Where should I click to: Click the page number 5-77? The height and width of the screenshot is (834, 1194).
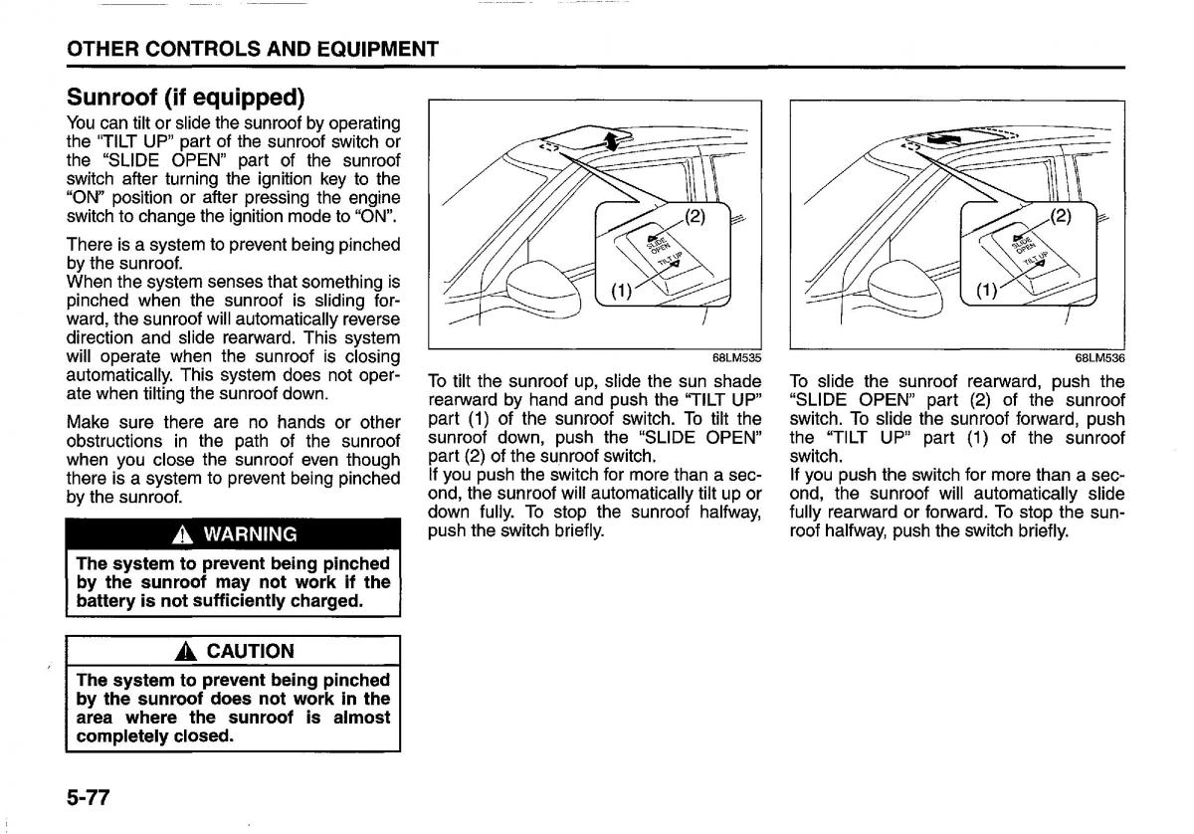tap(88, 797)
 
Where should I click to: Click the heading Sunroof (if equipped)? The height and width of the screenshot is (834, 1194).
tap(185, 98)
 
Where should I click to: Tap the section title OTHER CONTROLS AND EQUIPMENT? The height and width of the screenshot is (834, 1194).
tap(252, 49)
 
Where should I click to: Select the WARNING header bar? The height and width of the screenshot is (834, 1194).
tap(233, 533)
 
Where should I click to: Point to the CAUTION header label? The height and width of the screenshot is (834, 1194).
tap(250, 652)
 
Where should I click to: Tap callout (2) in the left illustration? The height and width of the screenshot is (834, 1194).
tap(693, 216)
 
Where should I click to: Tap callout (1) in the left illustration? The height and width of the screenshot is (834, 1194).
tap(619, 292)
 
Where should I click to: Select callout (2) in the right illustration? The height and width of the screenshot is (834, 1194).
tap(1062, 216)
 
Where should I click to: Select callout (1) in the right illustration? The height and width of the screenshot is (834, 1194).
tap(985, 292)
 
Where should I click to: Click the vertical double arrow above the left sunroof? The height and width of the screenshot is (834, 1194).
tap(612, 141)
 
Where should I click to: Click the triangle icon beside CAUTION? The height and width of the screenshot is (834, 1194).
tap(184, 652)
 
